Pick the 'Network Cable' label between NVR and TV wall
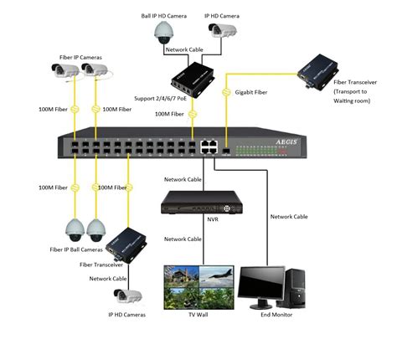tap(183, 239)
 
